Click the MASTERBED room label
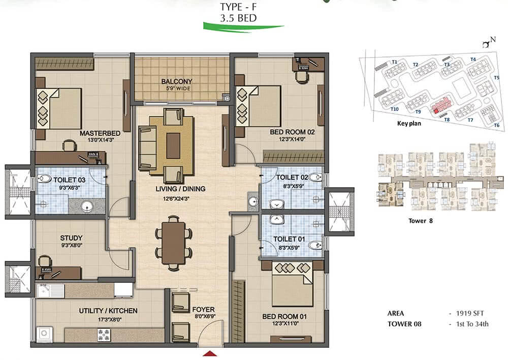click(100, 133)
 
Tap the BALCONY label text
click(177, 81)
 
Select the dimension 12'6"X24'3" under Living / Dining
click(176, 198)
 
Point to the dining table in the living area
click(173, 243)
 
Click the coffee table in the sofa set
click(173, 146)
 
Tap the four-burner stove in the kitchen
click(104, 335)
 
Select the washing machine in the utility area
click(44, 334)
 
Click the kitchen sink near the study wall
click(50, 291)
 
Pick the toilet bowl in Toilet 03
click(45, 178)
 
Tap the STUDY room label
click(71, 238)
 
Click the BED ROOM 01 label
click(284, 317)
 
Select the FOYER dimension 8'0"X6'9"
click(205, 316)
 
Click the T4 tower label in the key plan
click(473, 59)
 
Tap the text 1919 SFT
click(470, 313)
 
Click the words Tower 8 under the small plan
click(421, 221)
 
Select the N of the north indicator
click(493, 40)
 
